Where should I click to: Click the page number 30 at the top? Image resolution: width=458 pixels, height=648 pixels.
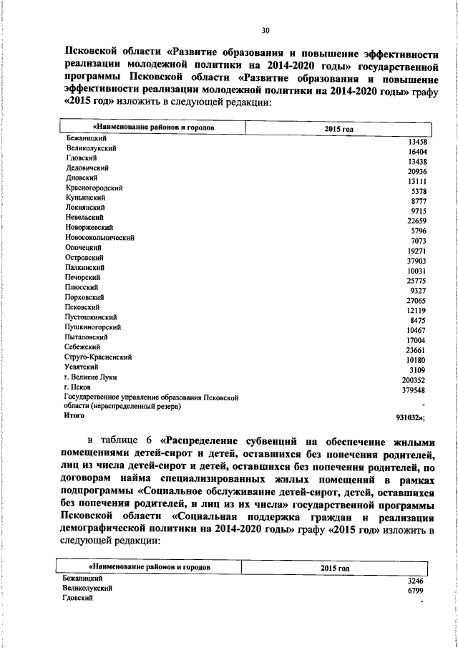pyautogui.click(x=265, y=31)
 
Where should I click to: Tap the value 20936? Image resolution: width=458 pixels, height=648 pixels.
pyautogui.click(x=416, y=172)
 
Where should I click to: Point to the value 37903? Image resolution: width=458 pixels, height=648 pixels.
pyautogui.click(x=416, y=262)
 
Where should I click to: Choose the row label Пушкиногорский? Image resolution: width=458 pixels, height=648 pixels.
pyautogui.click(x=92, y=327)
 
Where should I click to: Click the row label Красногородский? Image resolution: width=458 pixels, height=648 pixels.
pyautogui.click(x=93, y=188)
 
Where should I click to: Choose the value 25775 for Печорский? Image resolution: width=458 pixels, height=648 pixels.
pyautogui.click(x=416, y=282)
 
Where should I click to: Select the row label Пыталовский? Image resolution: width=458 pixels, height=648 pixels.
pyautogui.click(x=86, y=337)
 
